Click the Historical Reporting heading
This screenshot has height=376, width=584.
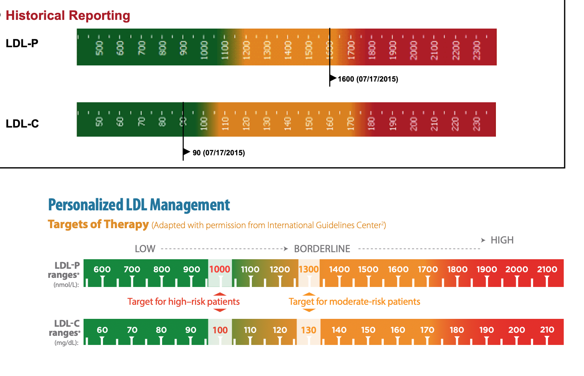pyautogui.click(x=68, y=16)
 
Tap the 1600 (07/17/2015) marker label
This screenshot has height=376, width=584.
pyautogui.click(x=368, y=79)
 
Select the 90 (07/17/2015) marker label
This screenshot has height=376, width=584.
pyautogui.click(x=218, y=153)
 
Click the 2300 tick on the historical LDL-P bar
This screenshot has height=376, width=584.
pyautogui.click(x=476, y=50)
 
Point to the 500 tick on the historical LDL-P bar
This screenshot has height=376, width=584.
pyautogui.click(x=99, y=48)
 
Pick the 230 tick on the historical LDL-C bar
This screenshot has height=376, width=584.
pyautogui.click(x=476, y=123)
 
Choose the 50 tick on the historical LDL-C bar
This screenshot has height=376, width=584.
pyautogui.click(x=99, y=122)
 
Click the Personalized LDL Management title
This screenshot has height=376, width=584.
pyautogui.click(x=139, y=205)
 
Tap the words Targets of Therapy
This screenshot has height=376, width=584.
pyautogui.click(x=98, y=224)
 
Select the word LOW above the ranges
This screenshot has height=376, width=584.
pyautogui.click(x=145, y=249)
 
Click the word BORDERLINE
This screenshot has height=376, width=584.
pyautogui.click(x=322, y=249)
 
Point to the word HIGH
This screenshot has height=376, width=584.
pyautogui.click(x=502, y=240)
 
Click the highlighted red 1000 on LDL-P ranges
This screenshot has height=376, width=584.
pyautogui.click(x=220, y=269)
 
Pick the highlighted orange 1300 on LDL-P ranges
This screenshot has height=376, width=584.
pyautogui.click(x=309, y=269)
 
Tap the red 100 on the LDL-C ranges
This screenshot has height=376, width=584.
pyautogui.click(x=220, y=330)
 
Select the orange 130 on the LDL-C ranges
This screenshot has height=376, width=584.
pyautogui.click(x=309, y=330)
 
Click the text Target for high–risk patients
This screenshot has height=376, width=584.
pyautogui.click(x=183, y=301)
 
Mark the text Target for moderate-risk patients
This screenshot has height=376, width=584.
pyautogui.click(x=354, y=301)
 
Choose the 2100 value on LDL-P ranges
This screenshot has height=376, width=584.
pyautogui.click(x=547, y=269)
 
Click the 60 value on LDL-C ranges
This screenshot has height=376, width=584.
pyautogui.click(x=102, y=330)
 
